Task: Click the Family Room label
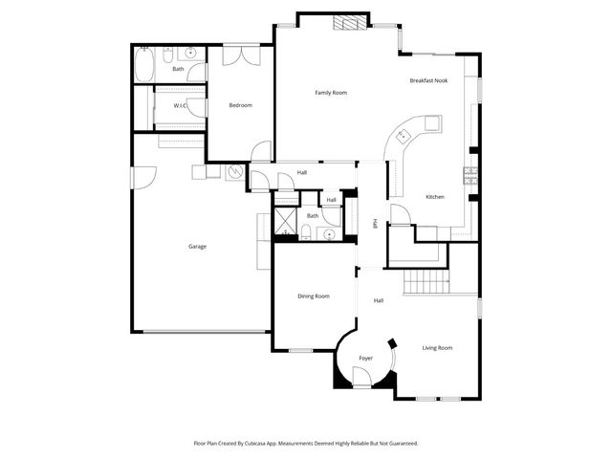(331, 93)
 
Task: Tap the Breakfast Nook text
(428, 81)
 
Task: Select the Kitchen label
(435, 197)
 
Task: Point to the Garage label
(197, 247)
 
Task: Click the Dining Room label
(315, 296)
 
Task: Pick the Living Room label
(437, 347)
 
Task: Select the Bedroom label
(240, 105)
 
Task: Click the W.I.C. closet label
(179, 105)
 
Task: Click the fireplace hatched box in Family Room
(348, 24)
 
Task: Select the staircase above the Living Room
(427, 283)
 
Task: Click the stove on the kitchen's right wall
(470, 174)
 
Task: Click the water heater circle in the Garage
(234, 172)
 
